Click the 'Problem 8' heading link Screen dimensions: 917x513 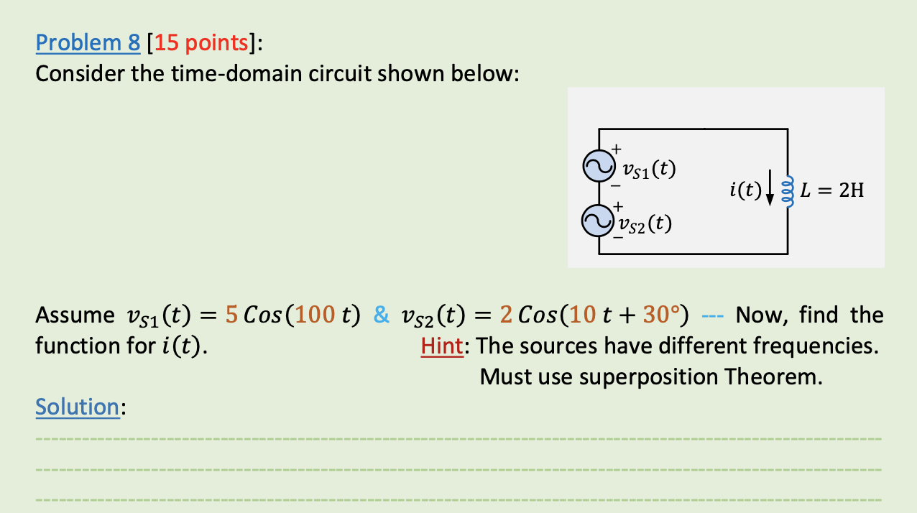pyautogui.click(x=88, y=44)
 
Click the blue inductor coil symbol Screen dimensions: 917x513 pyautogui.click(x=788, y=192)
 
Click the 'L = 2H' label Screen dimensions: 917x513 pyautogui.click(x=832, y=191)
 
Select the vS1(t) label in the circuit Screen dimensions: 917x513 pyautogui.click(x=649, y=170)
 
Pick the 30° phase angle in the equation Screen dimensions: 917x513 pyautogui.click(x=660, y=315)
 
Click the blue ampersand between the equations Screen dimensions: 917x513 pyautogui.click(x=382, y=315)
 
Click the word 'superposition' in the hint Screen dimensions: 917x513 pyautogui.click(x=651, y=376)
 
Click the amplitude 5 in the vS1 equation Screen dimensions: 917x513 pyautogui.click(x=231, y=315)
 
